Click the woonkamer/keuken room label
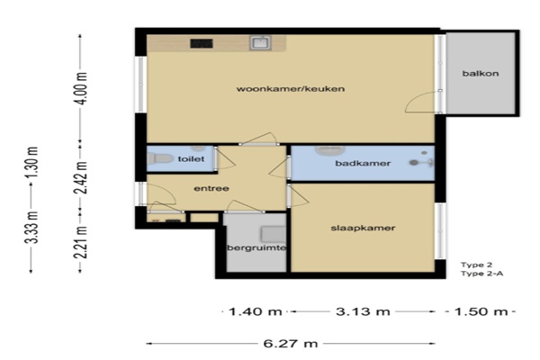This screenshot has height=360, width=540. tap(291, 89)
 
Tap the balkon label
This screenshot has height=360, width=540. tap(481, 74)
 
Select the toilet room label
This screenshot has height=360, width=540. tap(191, 158)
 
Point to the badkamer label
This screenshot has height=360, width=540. tap(363, 163)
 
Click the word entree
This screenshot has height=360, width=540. tap(211, 188)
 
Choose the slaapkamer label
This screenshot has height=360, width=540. tap(363, 228)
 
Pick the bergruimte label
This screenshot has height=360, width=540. tap(256, 247)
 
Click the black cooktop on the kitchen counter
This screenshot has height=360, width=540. tap(202, 43)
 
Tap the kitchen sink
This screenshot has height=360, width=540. tap(260, 43)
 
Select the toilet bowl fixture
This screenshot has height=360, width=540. tap(160, 158)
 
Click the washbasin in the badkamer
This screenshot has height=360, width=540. tap(330, 151)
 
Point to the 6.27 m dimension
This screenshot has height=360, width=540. tap(291, 344)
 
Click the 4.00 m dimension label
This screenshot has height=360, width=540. tap(83, 88)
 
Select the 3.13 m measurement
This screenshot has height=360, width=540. tap(363, 311)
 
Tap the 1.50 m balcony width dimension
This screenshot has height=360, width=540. tap(481, 311)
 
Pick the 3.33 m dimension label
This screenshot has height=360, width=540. tap(32, 228)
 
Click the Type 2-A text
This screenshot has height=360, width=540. tap(482, 274)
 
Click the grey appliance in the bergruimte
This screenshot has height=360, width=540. tap(273, 234)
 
